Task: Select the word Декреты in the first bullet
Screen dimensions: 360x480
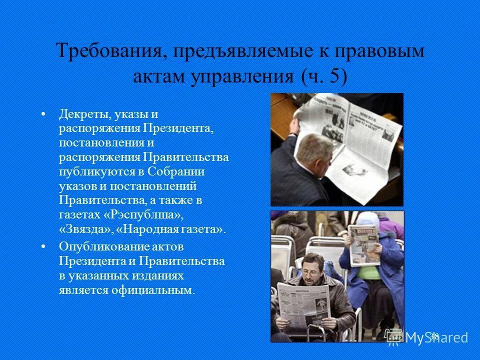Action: [x=84, y=114]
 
